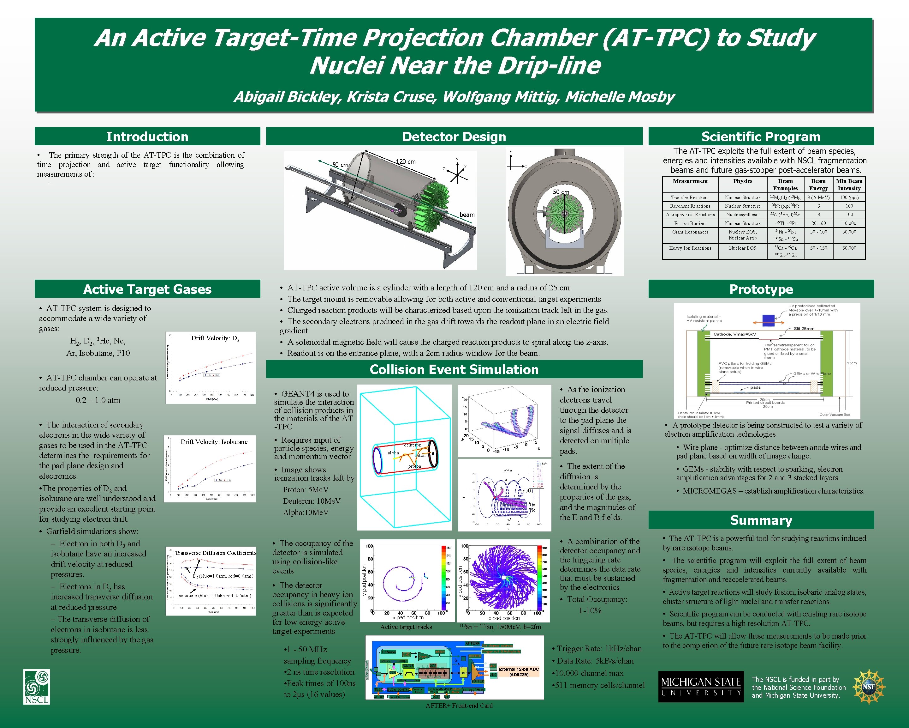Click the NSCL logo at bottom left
[37, 687]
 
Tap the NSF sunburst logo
[869, 687]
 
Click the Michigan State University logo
[701, 687]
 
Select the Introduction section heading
[147, 137]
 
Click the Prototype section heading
[761, 289]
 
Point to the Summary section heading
[761, 520]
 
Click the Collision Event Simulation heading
[454, 369]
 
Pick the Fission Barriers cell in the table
[690, 223]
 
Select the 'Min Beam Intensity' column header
[849, 185]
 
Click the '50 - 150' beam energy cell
[818, 248]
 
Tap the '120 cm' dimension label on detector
[406, 162]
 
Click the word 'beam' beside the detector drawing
[467, 215]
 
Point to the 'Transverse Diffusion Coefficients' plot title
[215, 553]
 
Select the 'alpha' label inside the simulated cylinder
[393, 453]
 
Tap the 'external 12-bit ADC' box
[518, 671]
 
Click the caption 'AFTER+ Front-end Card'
[459, 706]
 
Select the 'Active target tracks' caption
[406, 627]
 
